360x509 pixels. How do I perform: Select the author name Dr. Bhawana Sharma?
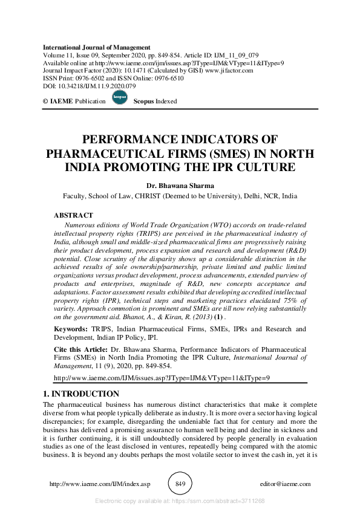pyautogui.click(x=180, y=186)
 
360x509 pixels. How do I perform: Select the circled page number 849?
pyautogui.click(x=180, y=484)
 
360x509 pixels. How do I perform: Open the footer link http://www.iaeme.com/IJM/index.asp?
pyautogui.click(x=99, y=484)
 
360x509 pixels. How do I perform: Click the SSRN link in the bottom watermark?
pyautogui.click(x=223, y=501)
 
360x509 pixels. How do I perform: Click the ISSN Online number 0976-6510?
pyautogui.click(x=172, y=79)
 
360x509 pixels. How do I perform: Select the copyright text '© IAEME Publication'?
pyautogui.click(x=74, y=102)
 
